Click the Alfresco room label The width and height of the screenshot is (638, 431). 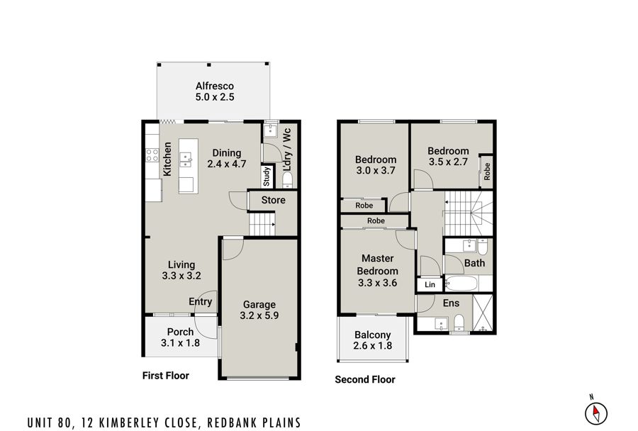click(x=214, y=86)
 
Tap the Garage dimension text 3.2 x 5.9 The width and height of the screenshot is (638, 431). click(x=259, y=315)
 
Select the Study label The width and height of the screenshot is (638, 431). click(x=267, y=177)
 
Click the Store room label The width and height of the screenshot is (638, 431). click(x=273, y=200)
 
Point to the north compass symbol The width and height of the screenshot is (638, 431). click(x=596, y=413)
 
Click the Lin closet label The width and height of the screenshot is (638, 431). click(x=430, y=284)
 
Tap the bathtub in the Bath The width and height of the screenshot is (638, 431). click(x=461, y=283)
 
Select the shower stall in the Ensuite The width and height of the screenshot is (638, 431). click(x=483, y=313)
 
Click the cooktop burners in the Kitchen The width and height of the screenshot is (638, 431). click(x=152, y=155)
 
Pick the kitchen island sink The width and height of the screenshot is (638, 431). click(x=186, y=159)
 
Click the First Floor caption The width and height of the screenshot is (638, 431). click(x=166, y=375)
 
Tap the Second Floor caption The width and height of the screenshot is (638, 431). click(x=365, y=379)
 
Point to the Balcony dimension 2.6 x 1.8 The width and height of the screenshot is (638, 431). click(x=373, y=346)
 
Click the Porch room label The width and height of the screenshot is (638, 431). click(x=180, y=332)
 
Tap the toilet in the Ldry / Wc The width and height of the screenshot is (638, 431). click(x=287, y=179)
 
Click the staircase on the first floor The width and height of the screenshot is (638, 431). click(x=262, y=224)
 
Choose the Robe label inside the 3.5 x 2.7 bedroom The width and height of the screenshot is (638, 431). click(x=487, y=172)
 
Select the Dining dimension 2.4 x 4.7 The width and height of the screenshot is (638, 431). click(x=227, y=164)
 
